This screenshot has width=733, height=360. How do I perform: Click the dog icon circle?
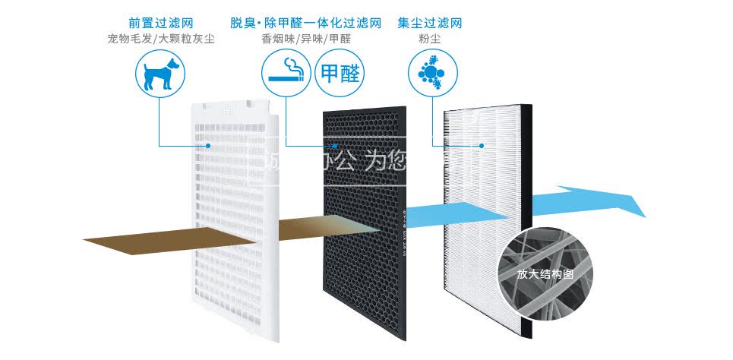[x=161, y=74]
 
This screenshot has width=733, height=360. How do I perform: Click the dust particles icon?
[x=430, y=74]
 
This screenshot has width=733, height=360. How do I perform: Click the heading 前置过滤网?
[x=161, y=23]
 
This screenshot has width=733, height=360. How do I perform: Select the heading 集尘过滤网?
[x=430, y=23]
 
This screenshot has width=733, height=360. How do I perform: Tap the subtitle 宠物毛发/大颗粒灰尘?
[x=161, y=38]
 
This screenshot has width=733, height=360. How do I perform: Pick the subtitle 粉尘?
[x=430, y=38]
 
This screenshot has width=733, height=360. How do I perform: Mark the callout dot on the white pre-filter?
[x=208, y=145]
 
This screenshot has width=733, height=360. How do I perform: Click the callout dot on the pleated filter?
[x=482, y=145]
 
